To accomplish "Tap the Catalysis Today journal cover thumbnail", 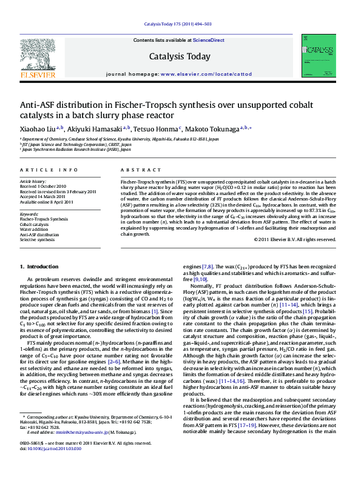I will (x=319, y=55).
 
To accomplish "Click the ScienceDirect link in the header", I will (x=208, y=41).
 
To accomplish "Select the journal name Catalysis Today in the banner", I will (x=180, y=57).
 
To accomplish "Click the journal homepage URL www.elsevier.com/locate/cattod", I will (x=206, y=73).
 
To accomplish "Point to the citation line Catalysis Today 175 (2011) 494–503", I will (x=178, y=24).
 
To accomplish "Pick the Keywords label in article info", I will (x=30, y=214).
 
